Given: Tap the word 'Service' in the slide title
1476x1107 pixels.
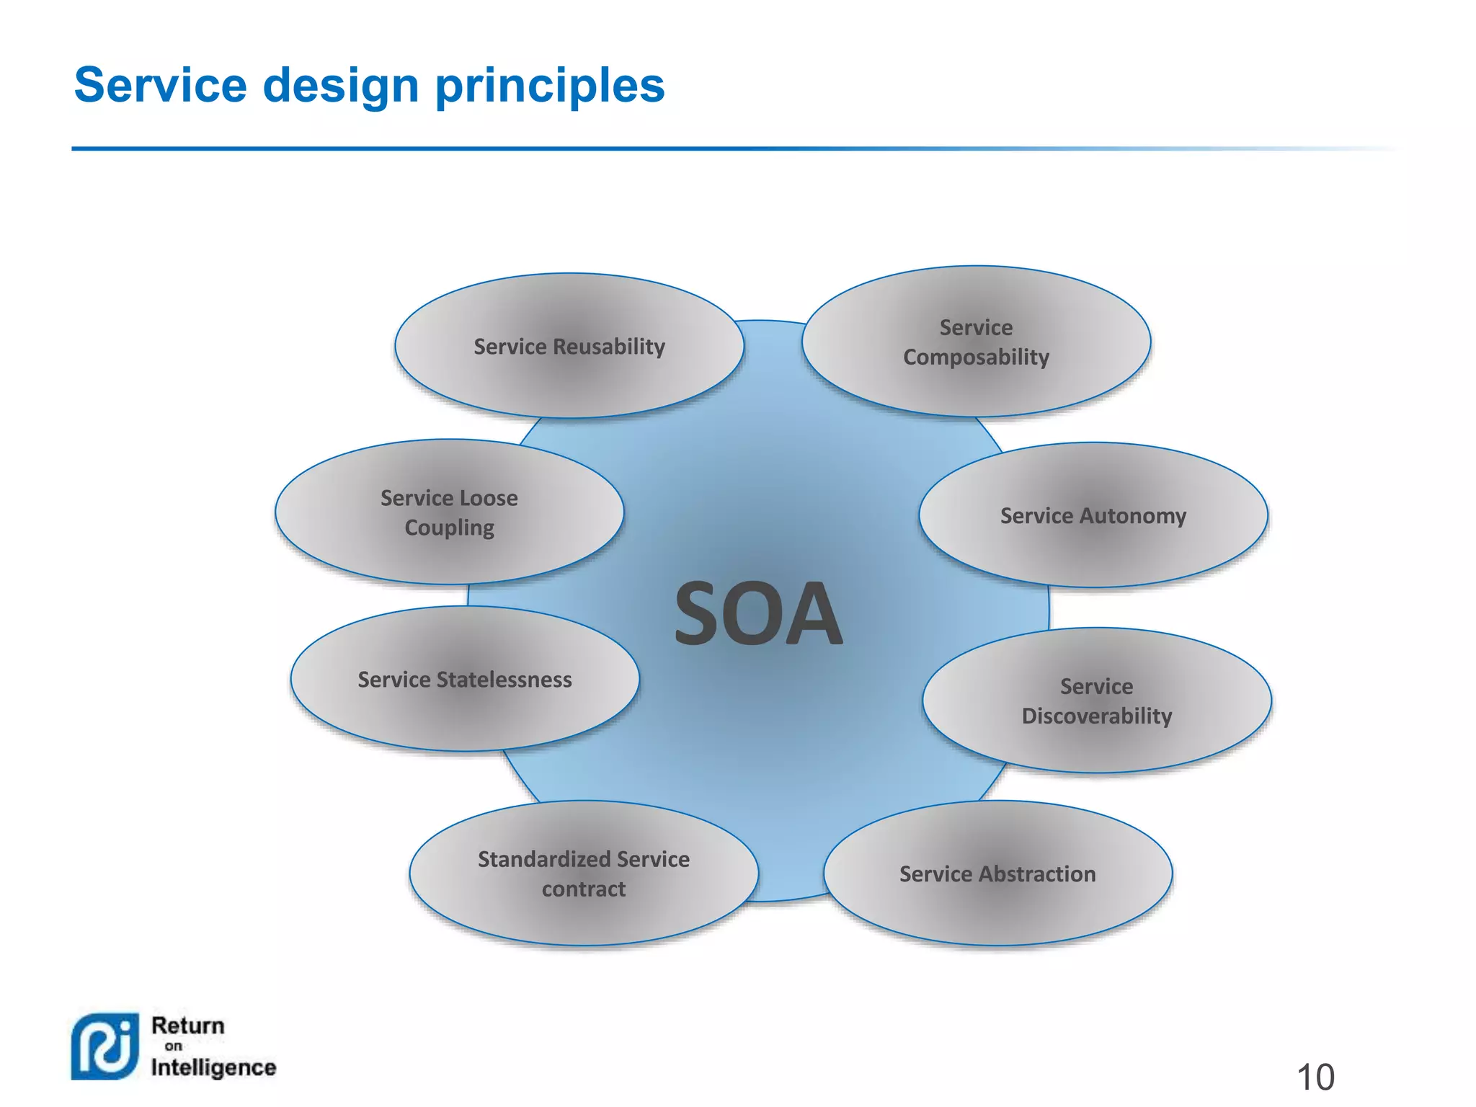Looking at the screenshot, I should click(x=161, y=85).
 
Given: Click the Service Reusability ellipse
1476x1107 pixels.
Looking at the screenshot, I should click(x=569, y=346).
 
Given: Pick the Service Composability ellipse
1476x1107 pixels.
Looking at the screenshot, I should click(x=976, y=342).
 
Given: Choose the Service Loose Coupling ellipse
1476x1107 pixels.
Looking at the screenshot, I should click(x=449, y=512).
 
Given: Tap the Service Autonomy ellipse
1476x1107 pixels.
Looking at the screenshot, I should click(x=1093, y=515).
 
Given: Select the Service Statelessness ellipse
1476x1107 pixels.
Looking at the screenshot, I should click(x=465, y=679).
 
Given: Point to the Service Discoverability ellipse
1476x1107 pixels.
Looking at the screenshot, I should click(x=1096, y=701).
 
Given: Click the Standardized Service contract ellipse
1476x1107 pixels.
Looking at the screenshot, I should click(x=584, y=873).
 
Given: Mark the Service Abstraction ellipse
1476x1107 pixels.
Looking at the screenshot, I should click(x=997, y=873).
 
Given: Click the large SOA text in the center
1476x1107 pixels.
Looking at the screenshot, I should click(x=758, y=614).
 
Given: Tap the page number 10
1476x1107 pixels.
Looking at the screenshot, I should click(x=1315, y=1077).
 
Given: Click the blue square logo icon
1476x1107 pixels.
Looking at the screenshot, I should click(x=105, y=1046).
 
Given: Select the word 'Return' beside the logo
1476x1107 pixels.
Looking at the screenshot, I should click(x=188, y=1026).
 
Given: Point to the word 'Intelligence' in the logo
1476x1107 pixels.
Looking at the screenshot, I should click(x=213, y=1067).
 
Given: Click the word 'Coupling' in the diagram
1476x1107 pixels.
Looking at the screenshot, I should click(x=450, y=528).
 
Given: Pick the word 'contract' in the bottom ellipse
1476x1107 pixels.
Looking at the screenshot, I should click(x=584, y=889).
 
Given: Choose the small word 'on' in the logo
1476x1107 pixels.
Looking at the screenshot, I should click(x=174, y=1046).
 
